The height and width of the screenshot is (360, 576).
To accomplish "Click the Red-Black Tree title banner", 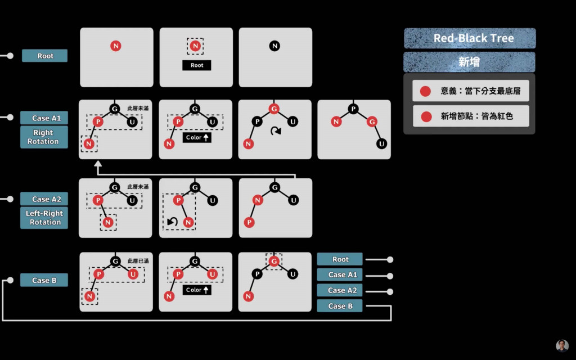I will pyautogui.click(x=470, y=38).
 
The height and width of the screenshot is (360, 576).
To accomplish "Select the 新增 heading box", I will pyautogui.click(x=470, y=62).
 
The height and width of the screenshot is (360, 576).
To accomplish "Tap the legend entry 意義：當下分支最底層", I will pyautogui.click(x=470, y=91).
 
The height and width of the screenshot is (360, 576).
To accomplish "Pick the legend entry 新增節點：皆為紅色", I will pyautogui.click(x=470, y=116).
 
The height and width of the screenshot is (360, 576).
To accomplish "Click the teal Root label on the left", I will pyautogui.click(x=45, y=56).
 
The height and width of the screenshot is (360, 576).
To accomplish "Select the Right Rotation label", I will pyautogui.click(x=44, y=137).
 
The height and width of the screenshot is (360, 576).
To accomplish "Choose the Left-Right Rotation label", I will pyautogui.click(x=44, y=218).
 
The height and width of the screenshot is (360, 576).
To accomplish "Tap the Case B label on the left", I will pyautogui.click(x=44, y=280).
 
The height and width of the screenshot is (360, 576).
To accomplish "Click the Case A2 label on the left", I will pyautogui.click(x=44, y=199).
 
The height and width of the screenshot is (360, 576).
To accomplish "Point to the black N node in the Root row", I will pyautogui.click(x=274, y=46).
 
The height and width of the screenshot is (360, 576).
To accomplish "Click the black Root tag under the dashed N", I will pyautogui.click(x=196, y=65).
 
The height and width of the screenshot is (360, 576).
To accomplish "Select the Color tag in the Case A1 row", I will pyautogui.click(x=196, y=137).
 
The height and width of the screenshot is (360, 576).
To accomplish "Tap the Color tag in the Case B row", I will pyautogui.click(x=196, y=290).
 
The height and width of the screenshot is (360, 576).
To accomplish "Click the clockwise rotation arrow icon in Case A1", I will pyautogui.click(x=275, y=131).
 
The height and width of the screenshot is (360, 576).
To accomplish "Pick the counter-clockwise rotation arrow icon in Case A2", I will pyautogui.click(x=173, y=222).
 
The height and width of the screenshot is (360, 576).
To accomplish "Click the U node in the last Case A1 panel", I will pyautogui.click(x=382, y=143).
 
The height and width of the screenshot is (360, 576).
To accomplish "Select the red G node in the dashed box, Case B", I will pyautogui.click(x=274, y=261).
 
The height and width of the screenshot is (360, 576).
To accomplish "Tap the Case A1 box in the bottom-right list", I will pyautogui.click(x=340, y=275).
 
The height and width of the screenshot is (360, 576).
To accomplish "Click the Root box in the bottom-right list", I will pyautogui.click(x=340, y=259).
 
